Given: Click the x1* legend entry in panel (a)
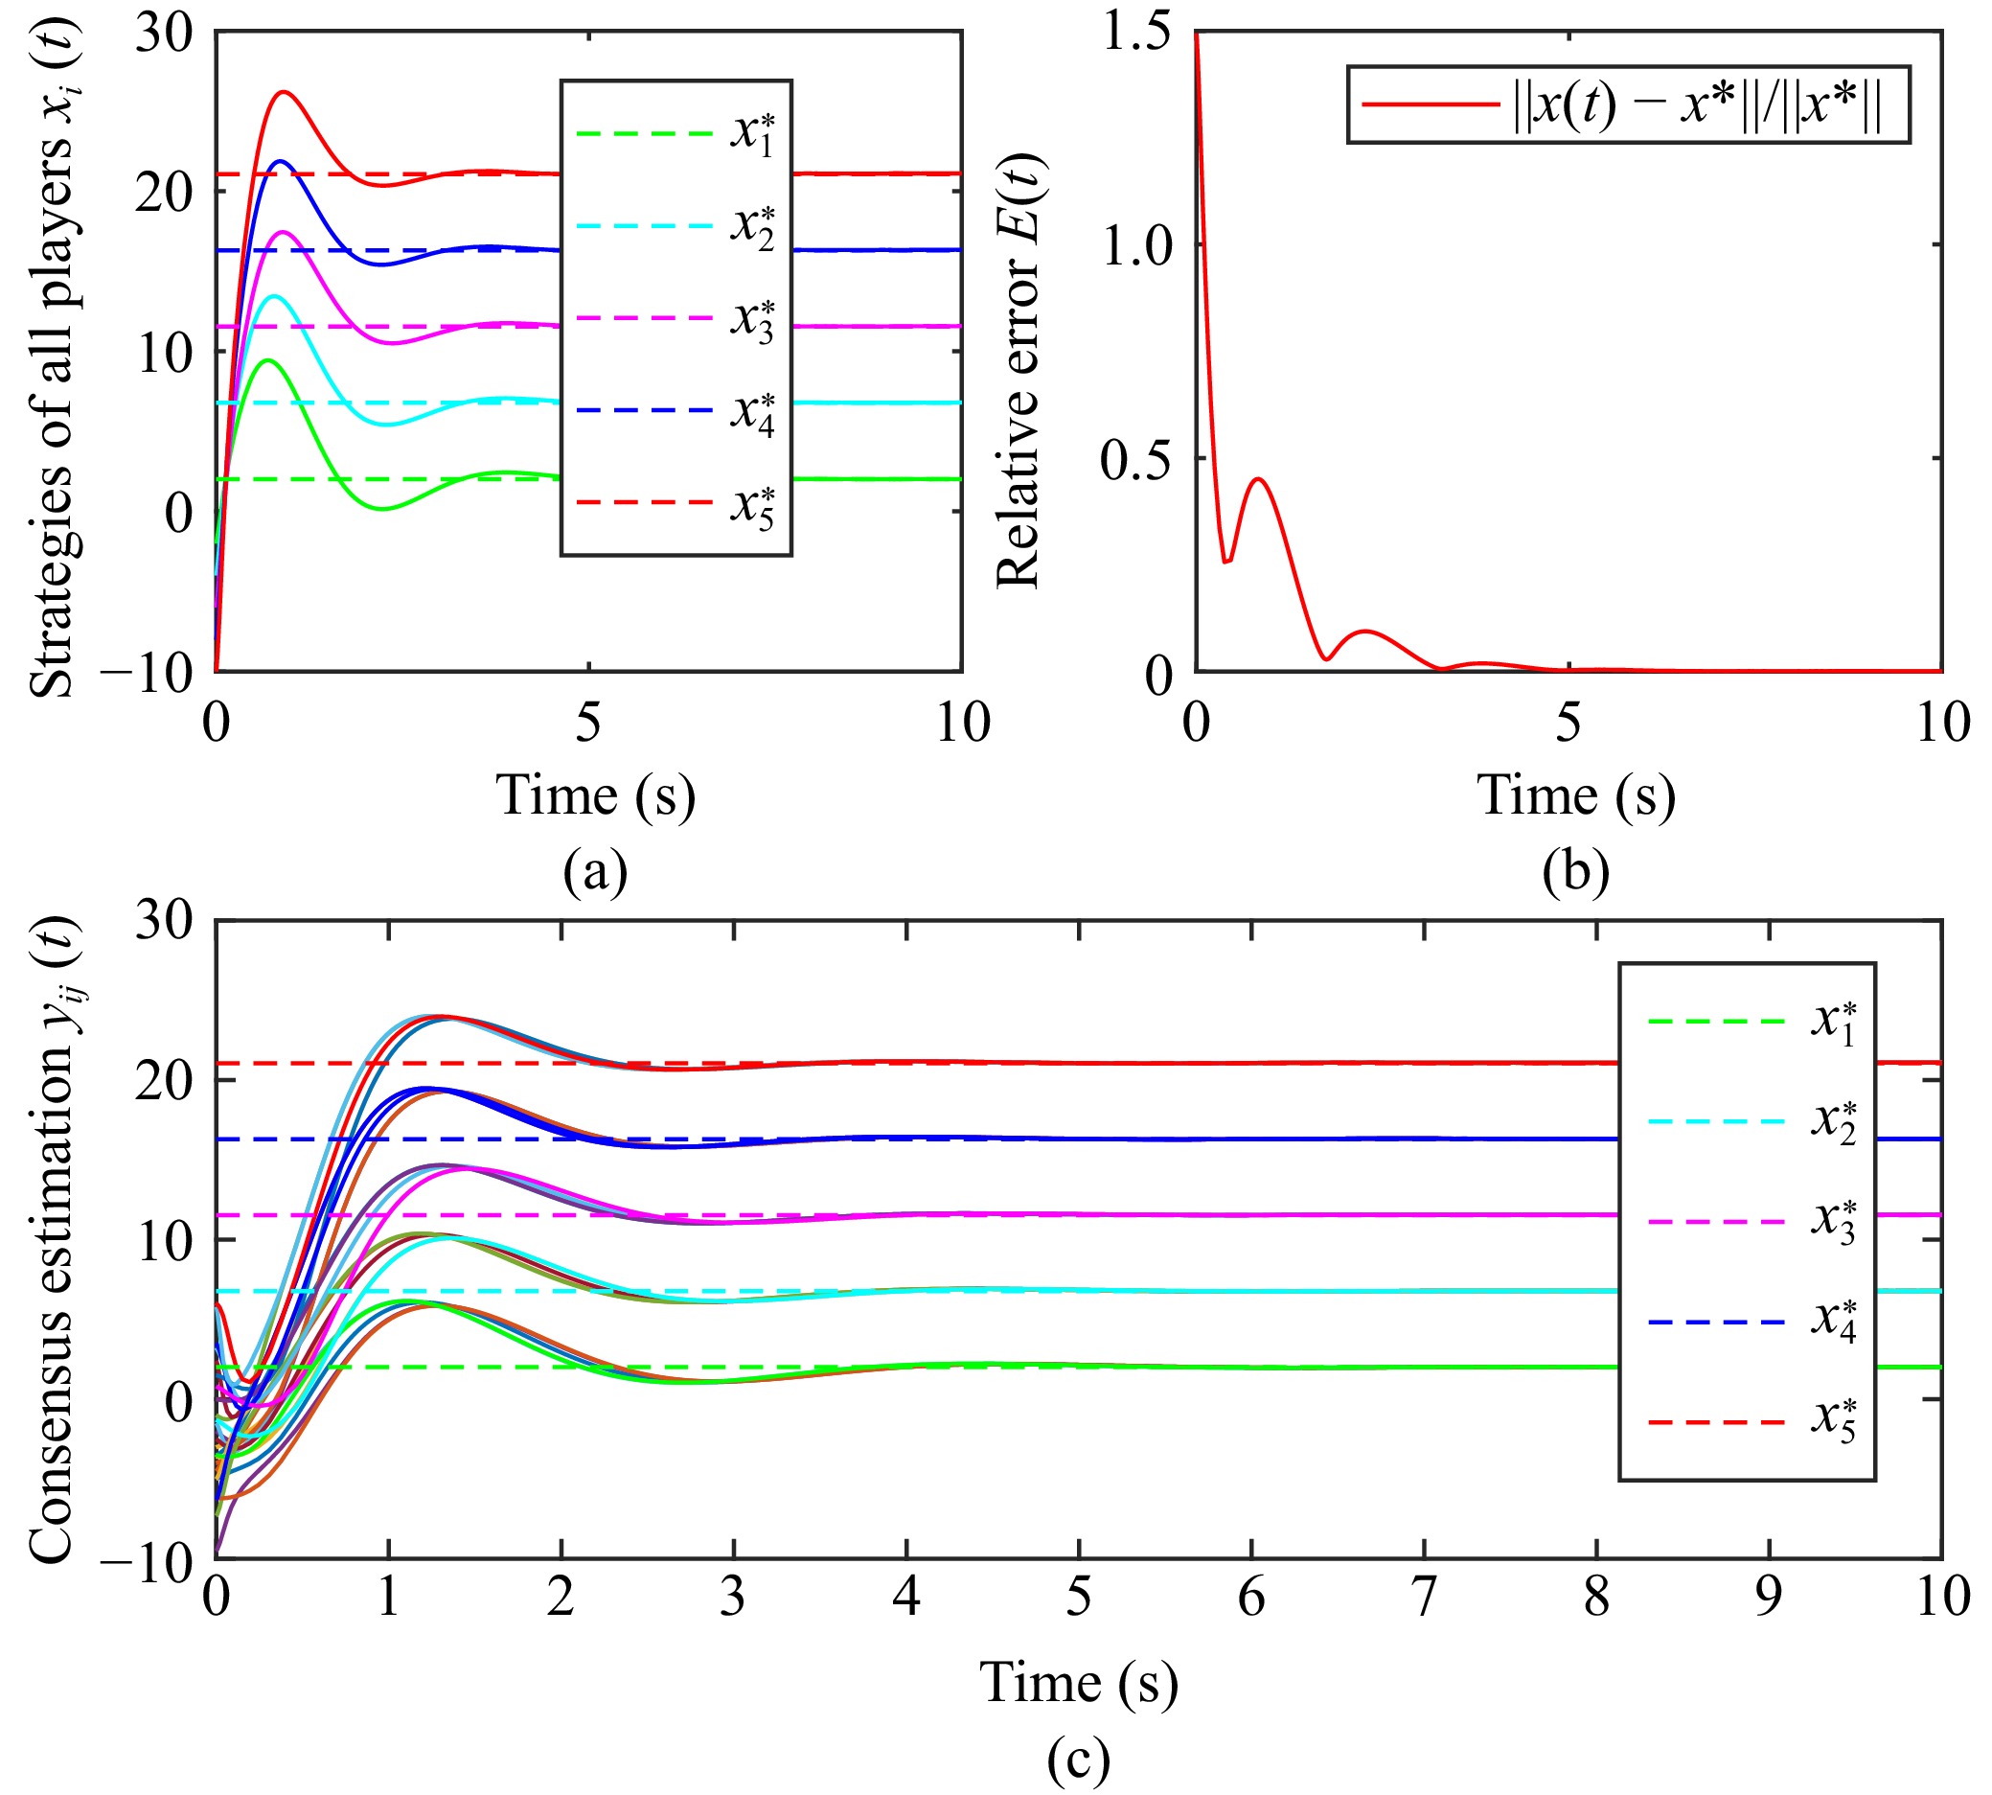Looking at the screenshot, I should pyautogui.click(x=676, y=133).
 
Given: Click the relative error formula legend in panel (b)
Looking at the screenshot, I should pyautogui.click(x=1627, y=104).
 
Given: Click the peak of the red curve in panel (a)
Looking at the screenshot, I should pyautogui.click(x=284, y=92).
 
